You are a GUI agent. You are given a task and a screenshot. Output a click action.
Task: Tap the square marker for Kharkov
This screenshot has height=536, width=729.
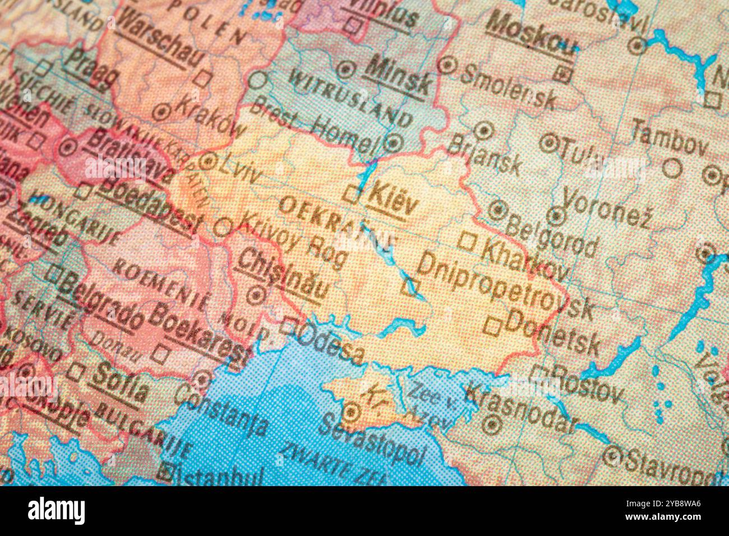point(467,242)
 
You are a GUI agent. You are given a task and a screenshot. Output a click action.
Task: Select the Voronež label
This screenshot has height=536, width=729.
point(607,207)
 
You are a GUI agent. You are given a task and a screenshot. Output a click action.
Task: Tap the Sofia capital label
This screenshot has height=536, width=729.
point(121,381)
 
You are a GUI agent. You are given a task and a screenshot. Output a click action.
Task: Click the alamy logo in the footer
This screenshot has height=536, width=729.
point(56,510)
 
